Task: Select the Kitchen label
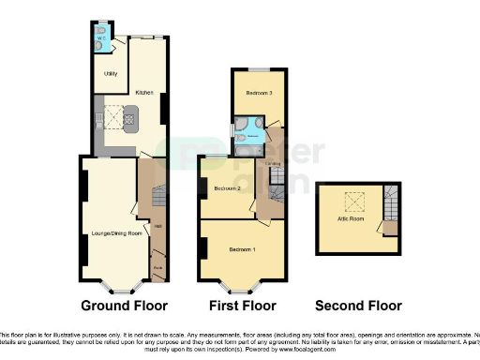pos(143,93)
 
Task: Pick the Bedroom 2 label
pos(228,188)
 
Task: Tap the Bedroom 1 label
pos(241,250)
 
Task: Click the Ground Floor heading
pos(124,306)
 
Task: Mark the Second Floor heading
pos(358,306)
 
